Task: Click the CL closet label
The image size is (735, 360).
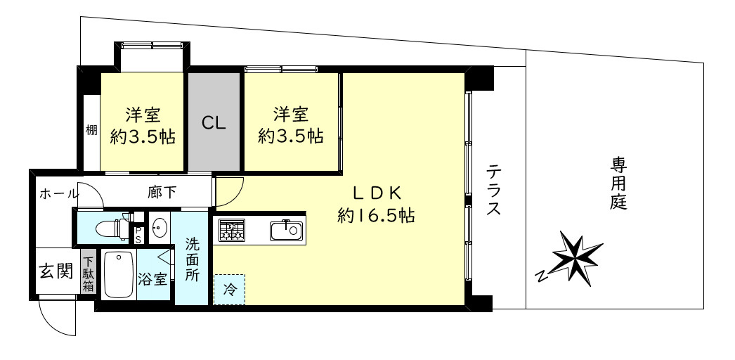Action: (x=214, y=123)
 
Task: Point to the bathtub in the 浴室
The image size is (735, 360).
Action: (x=119, y=275)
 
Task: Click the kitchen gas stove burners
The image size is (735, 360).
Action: (x=231, y=230)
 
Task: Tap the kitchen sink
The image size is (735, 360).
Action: (x=287, y=229)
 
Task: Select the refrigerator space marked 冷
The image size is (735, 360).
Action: (x=229, y=288)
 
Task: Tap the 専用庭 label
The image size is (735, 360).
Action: (x=618, y=184)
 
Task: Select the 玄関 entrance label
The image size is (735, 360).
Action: (x=55, y=271)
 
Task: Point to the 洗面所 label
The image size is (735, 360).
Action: (x=192, y=259)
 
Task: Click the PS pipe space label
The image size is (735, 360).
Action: (x=138, y=234)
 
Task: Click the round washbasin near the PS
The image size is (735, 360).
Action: (x=160, y=227)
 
